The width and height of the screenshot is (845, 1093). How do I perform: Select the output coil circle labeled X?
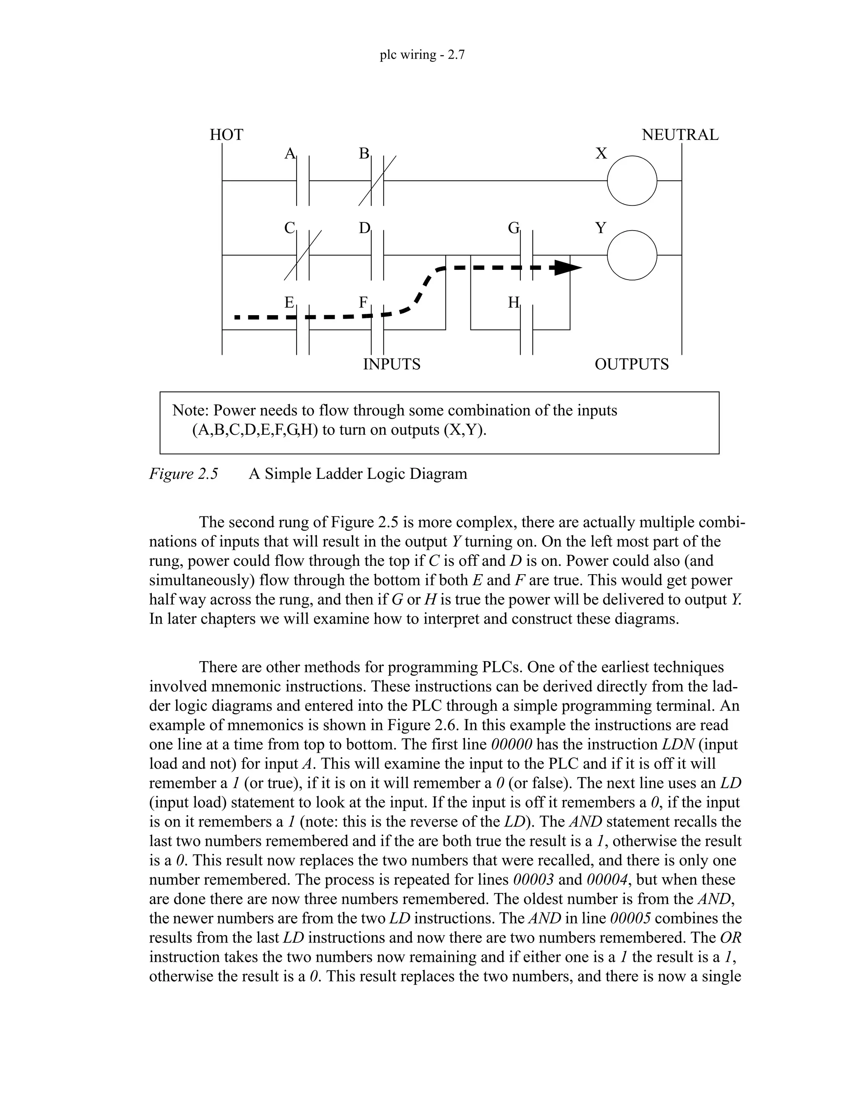tap(632, 180)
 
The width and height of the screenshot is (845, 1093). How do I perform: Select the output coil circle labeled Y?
tap(632, 255)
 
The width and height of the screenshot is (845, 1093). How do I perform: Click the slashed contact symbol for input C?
tap(303, 255)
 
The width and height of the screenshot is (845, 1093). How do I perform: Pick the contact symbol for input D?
tap(378, 255)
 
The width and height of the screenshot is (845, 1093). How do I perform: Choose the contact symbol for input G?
tap(526, 255)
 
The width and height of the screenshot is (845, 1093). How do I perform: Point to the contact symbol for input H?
tap(526, 330)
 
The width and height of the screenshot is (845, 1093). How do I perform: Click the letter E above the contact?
tap(289, 302)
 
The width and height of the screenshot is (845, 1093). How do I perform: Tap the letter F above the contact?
tap(363, 302)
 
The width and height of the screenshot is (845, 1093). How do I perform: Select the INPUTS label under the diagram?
tap(392, 364)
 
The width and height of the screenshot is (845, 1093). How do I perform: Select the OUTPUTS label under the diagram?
tap(631, 364)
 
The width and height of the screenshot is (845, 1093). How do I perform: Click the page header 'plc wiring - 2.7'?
tap(422, 54)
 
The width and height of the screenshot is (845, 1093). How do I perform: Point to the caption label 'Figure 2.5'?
tap(184, 473)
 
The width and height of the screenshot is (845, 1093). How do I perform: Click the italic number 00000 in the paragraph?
tap(511, 744)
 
